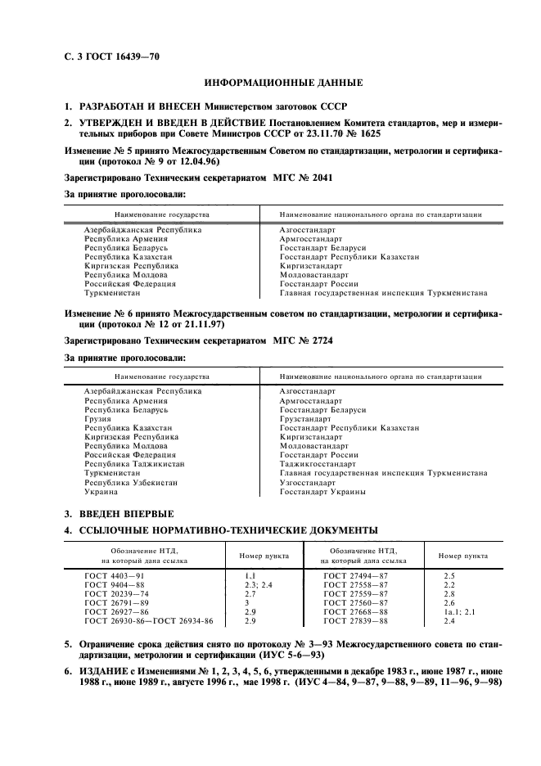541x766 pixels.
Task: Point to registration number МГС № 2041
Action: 304,177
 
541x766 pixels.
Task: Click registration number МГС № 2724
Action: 304,340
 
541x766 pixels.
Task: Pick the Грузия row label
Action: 97,419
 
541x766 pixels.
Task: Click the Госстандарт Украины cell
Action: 322,492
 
